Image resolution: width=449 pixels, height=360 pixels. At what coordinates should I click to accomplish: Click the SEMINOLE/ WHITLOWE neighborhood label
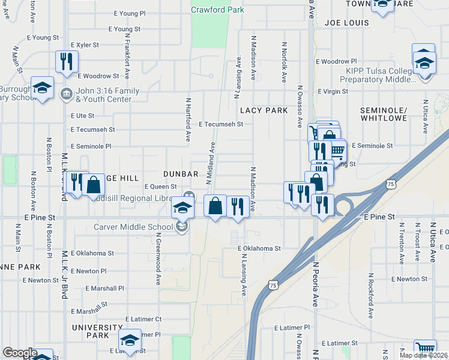(384, 116)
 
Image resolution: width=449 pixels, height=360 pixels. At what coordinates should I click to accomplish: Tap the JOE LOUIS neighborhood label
(345, 22)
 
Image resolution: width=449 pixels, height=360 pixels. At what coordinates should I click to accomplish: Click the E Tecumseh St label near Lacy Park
(221, 124)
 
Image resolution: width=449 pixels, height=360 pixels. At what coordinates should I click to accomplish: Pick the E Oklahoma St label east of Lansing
(259, 248)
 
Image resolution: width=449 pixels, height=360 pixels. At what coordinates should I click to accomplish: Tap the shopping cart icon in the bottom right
(425, 349)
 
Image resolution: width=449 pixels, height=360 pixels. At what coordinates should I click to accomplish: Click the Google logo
(20, 353)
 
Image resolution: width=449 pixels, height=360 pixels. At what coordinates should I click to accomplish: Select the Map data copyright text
(423, 355)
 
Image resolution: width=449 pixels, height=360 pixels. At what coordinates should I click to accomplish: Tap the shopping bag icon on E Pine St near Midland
(215, 205)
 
